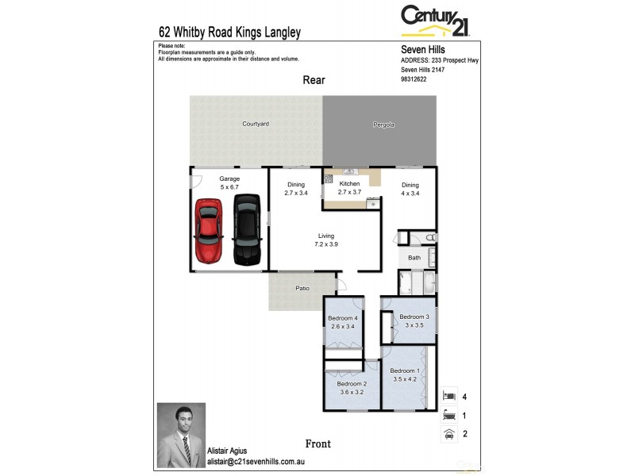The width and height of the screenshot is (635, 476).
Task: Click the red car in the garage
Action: (209, 231)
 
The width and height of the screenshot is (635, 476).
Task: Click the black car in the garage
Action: (247, 230)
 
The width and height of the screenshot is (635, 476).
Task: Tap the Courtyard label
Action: (256, 125)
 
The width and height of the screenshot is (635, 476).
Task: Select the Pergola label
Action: (384, 125)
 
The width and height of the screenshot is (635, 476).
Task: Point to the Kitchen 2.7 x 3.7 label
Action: (349, 188)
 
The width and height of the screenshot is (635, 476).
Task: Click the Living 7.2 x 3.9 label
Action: (326, 240)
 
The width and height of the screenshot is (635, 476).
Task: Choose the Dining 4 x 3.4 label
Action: (410, 189)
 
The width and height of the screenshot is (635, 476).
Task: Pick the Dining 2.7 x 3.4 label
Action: (296, 189)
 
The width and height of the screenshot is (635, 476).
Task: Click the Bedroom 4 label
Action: (343, 322)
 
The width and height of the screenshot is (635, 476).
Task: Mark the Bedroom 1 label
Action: (405, 374)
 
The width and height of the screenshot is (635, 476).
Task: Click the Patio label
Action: (302, 288)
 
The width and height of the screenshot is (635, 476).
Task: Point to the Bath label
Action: (414, 258)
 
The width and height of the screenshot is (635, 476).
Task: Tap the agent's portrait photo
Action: (181, 435)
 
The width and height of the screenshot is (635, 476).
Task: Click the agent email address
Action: (256, 461)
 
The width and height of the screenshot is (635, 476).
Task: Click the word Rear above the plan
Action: (314, 80)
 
